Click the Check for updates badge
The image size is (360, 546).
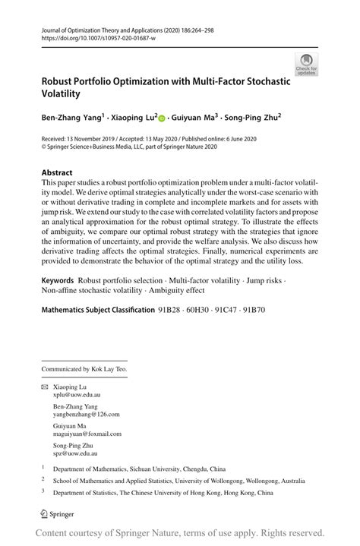[307, 64]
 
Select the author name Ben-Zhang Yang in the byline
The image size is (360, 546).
[72, 118]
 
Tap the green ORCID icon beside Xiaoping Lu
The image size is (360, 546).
[161, 118]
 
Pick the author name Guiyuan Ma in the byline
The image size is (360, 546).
[193, 118]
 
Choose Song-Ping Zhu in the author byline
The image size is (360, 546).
[252, 118]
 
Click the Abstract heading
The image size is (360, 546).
[58, 172]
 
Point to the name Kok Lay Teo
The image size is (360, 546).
[111, 369]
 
